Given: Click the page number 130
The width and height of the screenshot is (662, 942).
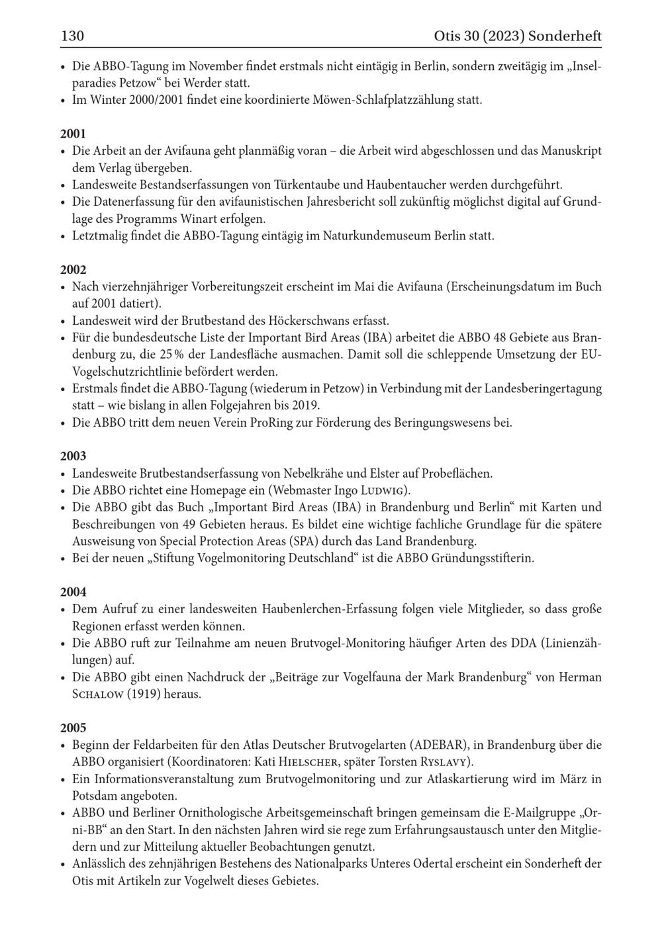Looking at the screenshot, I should point(72,36).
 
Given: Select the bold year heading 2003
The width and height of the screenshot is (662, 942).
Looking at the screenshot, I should point(73,456).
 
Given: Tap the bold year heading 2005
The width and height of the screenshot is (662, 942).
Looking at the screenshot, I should point(73,728).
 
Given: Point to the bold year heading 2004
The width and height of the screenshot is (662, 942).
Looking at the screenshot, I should point(73,592).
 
